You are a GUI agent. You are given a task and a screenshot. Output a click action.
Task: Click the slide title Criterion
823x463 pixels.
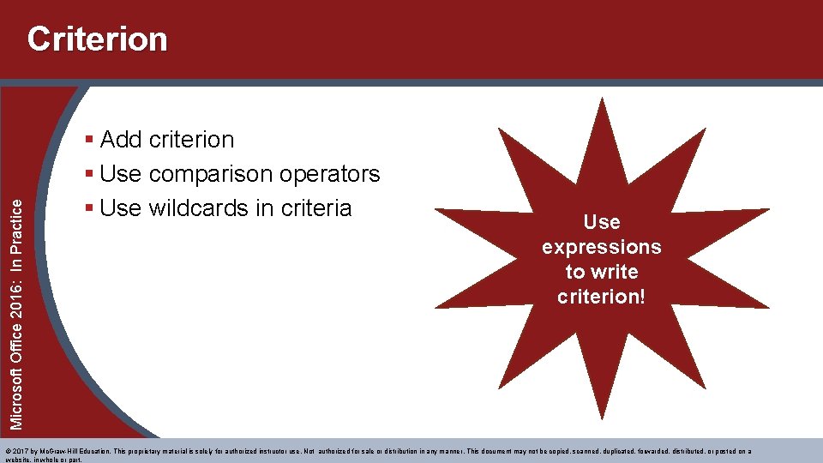97,39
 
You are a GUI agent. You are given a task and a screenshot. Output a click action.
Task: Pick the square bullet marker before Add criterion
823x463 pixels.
90,140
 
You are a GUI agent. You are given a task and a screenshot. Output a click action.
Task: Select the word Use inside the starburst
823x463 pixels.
601,222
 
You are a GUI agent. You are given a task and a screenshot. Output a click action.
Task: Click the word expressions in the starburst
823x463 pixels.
601,247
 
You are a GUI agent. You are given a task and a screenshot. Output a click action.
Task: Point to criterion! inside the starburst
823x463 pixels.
601,297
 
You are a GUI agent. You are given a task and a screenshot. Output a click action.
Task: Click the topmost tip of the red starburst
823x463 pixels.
603,99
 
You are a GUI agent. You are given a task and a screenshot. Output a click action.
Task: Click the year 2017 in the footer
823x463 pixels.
21,451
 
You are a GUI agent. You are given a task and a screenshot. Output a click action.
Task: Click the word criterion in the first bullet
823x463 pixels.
191,139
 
